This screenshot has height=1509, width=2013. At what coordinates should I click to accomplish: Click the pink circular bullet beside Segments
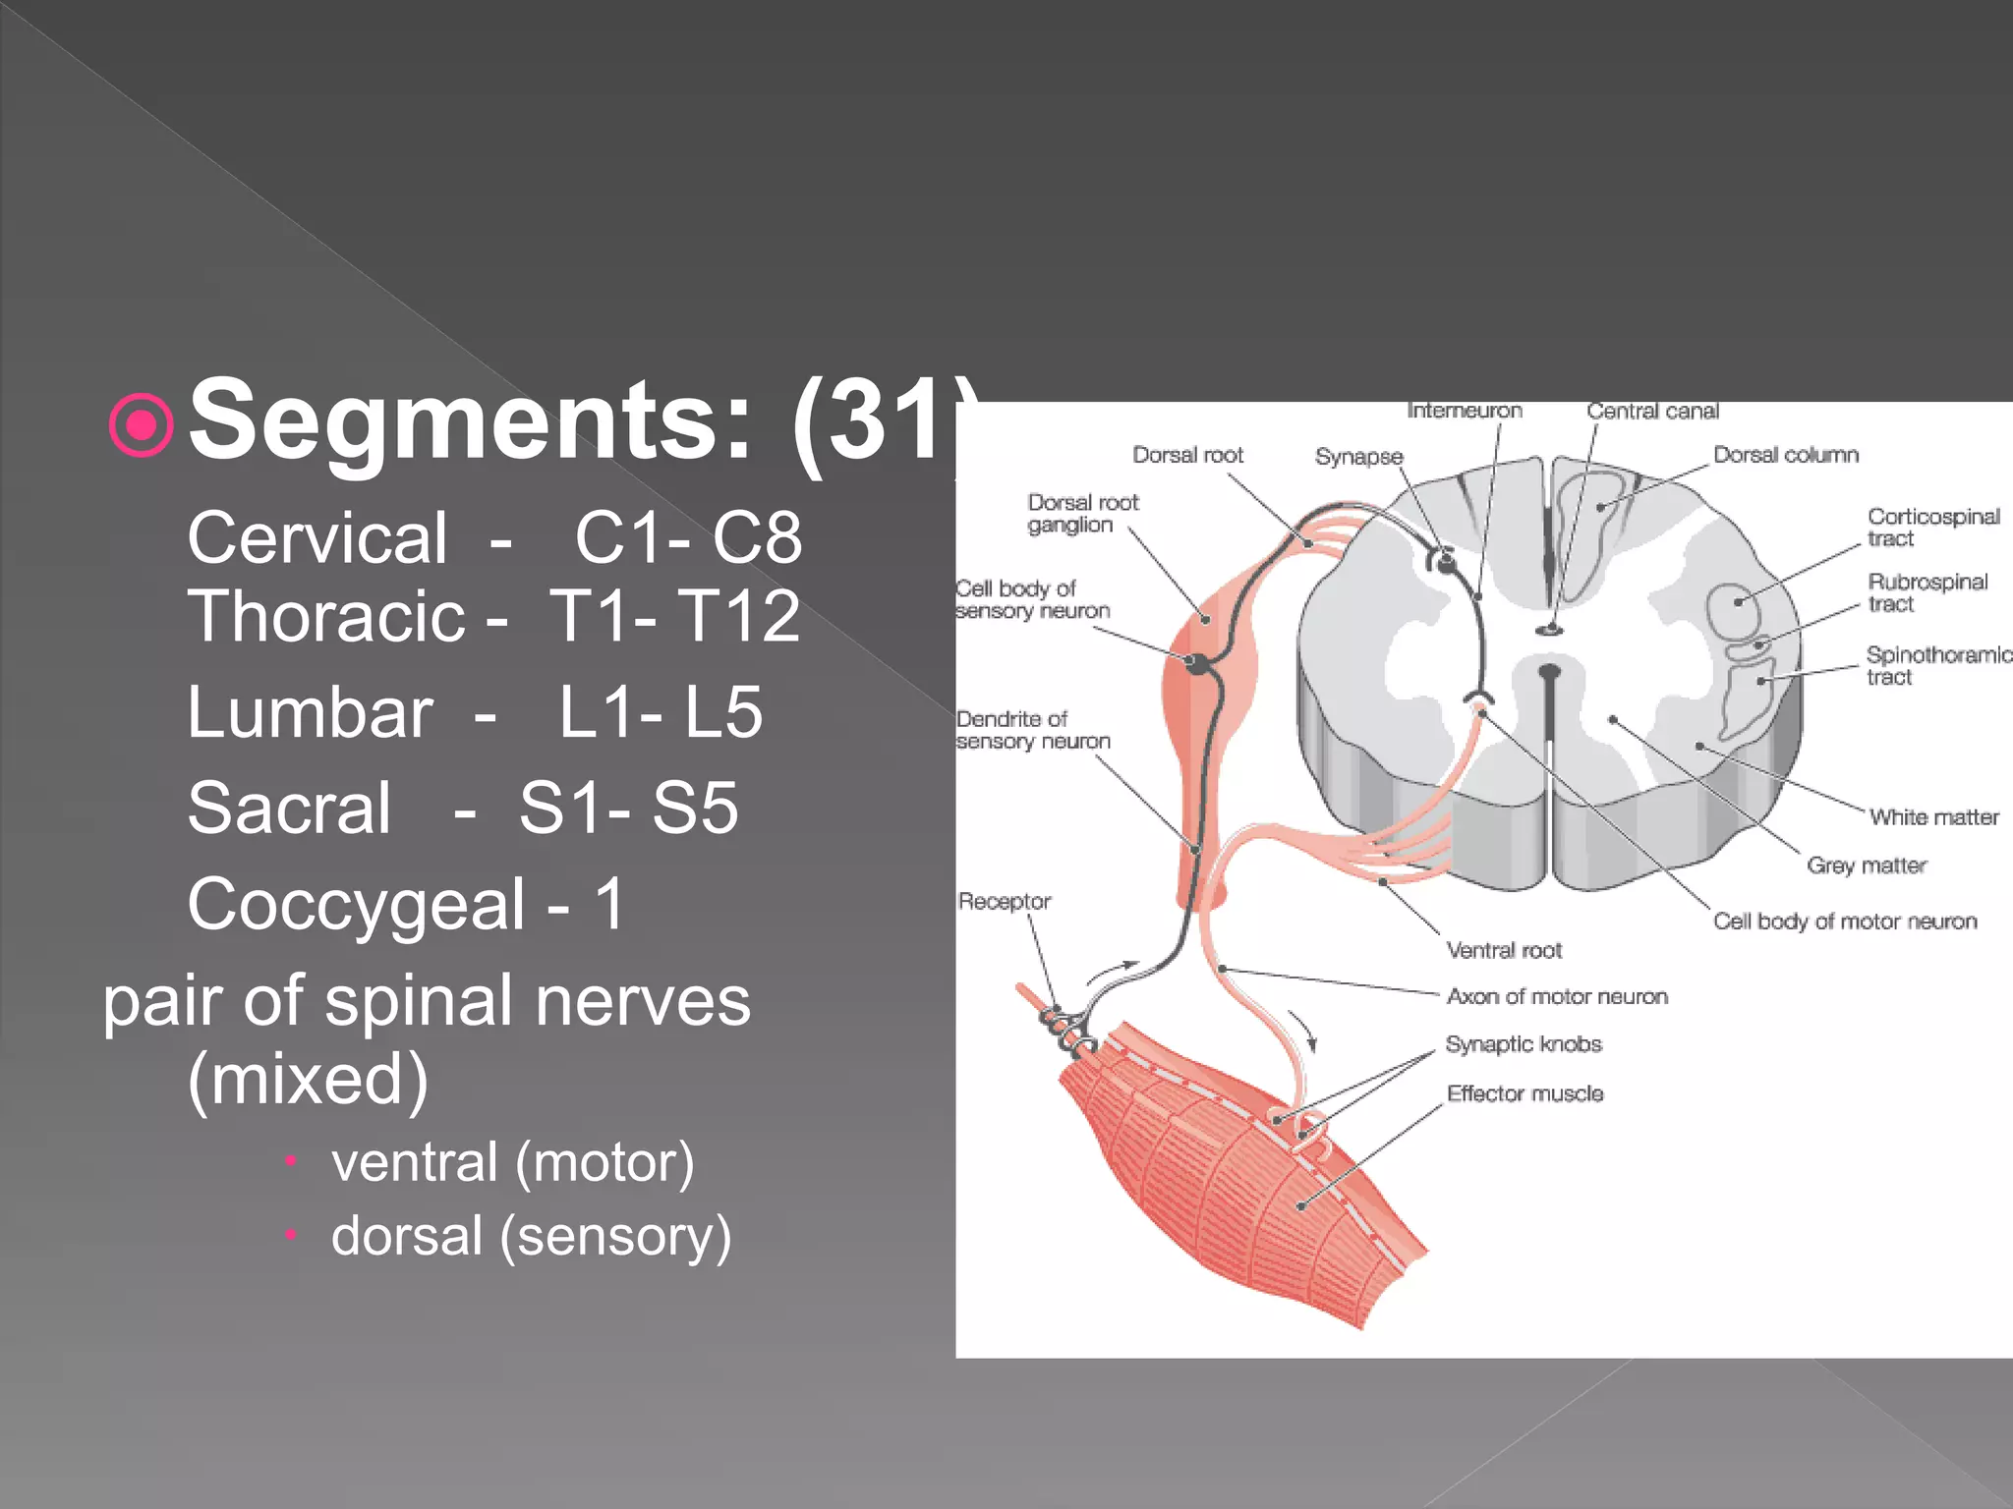point(143,425)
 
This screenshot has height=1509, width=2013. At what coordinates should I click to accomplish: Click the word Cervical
point(317,538)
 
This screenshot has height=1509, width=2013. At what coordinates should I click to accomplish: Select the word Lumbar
point(310,712)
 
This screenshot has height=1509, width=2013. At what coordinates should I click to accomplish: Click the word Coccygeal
point(356,905)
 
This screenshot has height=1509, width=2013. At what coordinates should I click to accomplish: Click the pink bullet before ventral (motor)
point(290,1161)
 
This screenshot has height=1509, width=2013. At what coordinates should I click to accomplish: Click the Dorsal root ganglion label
point(1082,514)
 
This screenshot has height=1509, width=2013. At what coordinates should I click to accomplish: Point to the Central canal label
point(1652,412)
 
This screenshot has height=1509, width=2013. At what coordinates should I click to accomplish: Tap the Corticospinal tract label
point(1932,528)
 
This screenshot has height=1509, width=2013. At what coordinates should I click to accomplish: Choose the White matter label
point(1933,817)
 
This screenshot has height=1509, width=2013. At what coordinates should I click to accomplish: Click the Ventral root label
point(1504,950)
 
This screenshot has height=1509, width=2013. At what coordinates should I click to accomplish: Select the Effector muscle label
point(1524,1093)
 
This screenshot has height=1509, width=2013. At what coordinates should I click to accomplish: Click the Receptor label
point(1004,901)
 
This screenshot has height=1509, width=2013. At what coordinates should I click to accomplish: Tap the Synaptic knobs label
point(1523,1044)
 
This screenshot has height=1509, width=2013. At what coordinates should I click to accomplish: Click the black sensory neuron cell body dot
point(1198,664)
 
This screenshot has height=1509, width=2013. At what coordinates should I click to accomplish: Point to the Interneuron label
point(1465,411)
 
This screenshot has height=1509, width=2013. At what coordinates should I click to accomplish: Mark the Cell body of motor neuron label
point(1844,922)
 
